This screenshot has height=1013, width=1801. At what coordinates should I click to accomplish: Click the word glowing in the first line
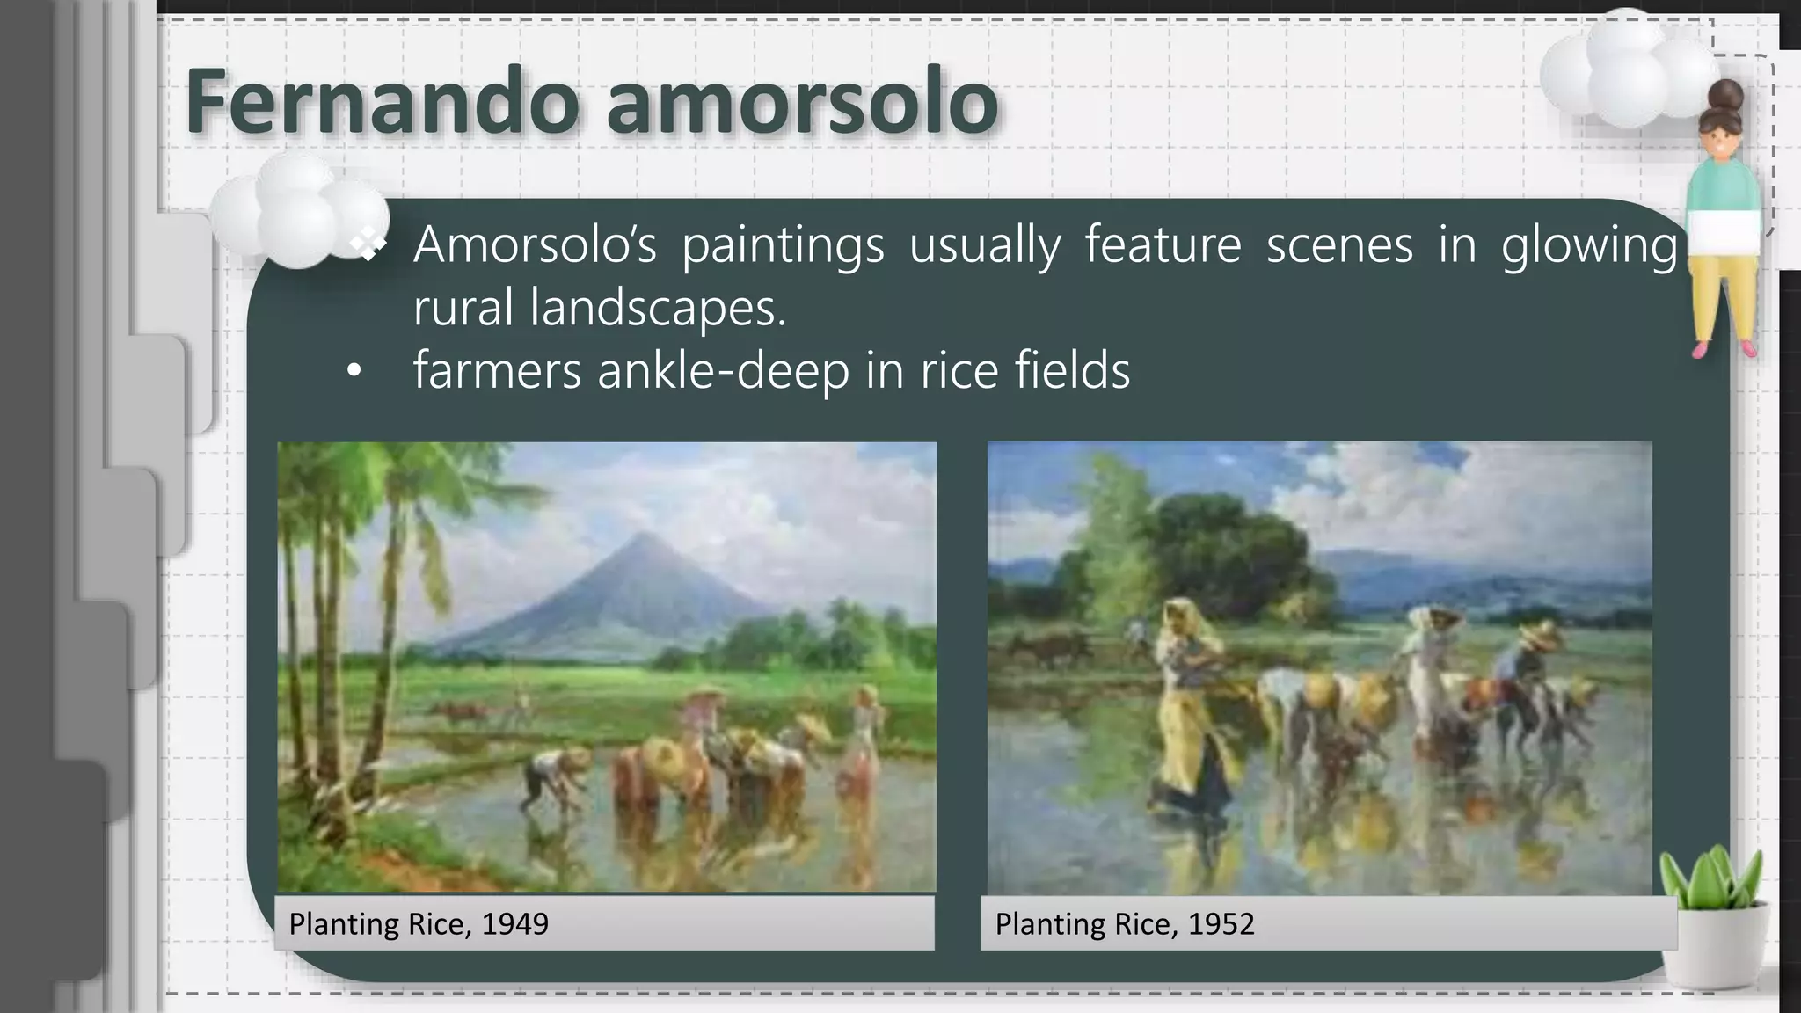point(1589,245)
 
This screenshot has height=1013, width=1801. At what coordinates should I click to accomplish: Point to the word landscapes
point(657,308)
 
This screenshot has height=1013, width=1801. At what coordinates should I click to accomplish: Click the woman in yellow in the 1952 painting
point(1189,703)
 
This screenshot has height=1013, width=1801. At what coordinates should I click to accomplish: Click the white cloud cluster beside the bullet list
point(299,211)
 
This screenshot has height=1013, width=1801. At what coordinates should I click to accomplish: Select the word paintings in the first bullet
point(783,245)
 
